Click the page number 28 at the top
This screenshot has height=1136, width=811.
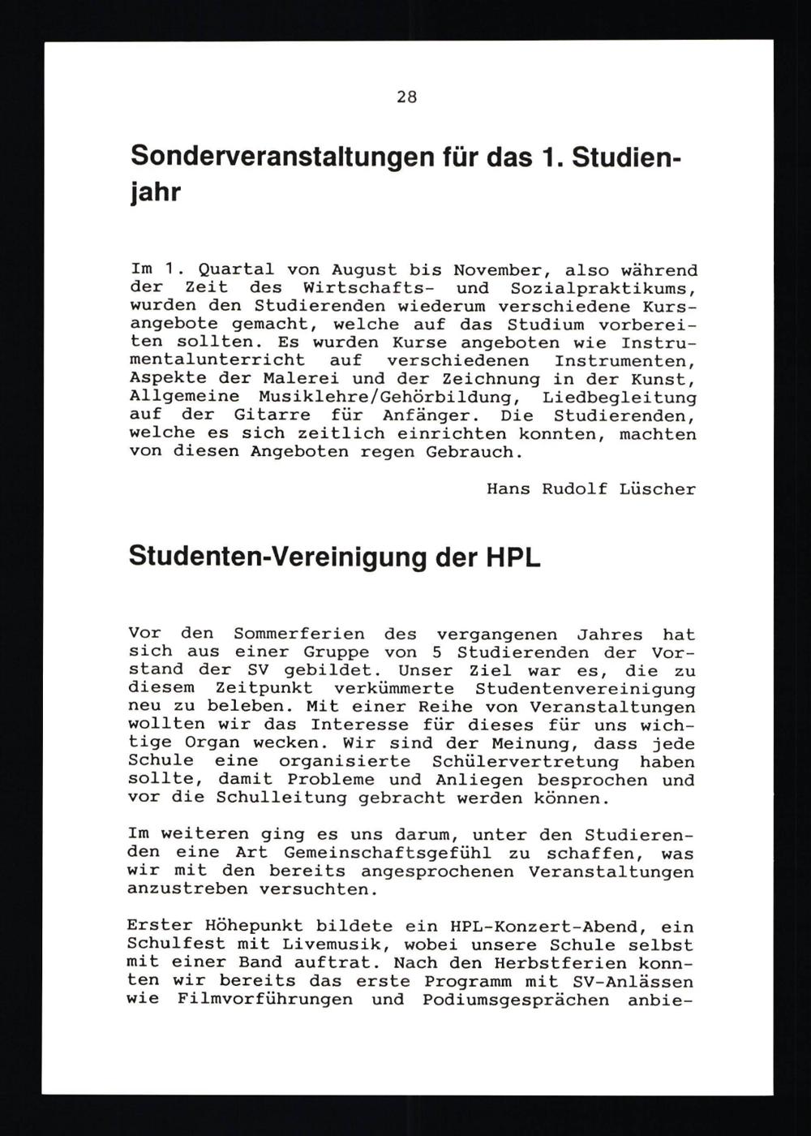(x=406, y=97)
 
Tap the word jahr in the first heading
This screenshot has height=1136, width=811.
(x=155, y=195)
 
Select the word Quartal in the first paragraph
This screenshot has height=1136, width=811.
(x=237, y=269)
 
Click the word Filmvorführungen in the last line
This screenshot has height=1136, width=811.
(x=264, y=1000)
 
